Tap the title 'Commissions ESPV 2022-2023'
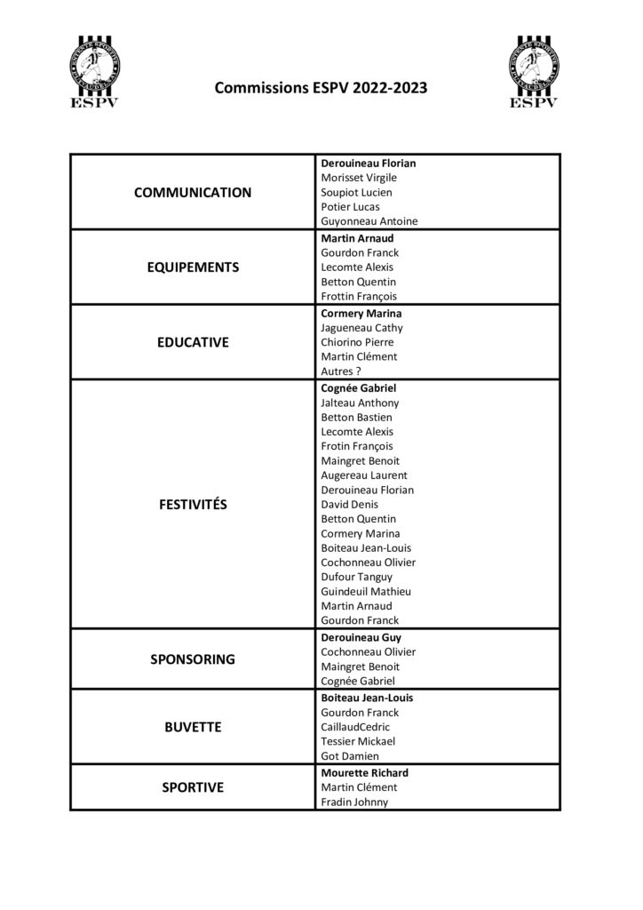pos(321,88)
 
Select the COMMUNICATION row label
pos(192,192)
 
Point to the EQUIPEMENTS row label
pos(192,267)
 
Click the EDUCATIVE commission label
pos(192,342)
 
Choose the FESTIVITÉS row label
pos(192,504)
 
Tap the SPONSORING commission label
pos(192,659)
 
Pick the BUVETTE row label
pos(192,727)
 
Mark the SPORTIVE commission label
pos(192,787)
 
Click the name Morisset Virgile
pos(358,178)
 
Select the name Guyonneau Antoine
pos(369,221)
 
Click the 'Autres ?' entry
pos(342,371)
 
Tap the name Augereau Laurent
pos(364,475)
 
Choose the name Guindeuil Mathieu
pos(367,591)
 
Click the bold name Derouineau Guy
pos(361,637)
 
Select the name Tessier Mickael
pos(358,741)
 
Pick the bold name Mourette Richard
pos(364,773)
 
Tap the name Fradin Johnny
pos(354,802)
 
